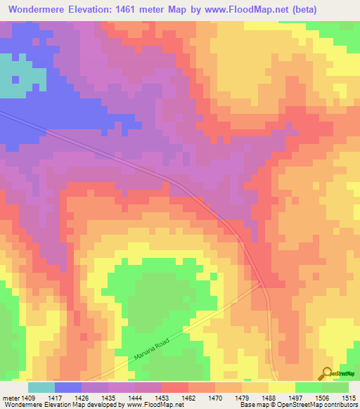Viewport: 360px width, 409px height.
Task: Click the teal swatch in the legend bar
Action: (41, 387)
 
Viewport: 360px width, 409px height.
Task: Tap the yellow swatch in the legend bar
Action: (281, 387)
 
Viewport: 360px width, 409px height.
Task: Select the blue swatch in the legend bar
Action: (68, 387)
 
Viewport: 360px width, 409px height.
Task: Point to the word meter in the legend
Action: (12, 398)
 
